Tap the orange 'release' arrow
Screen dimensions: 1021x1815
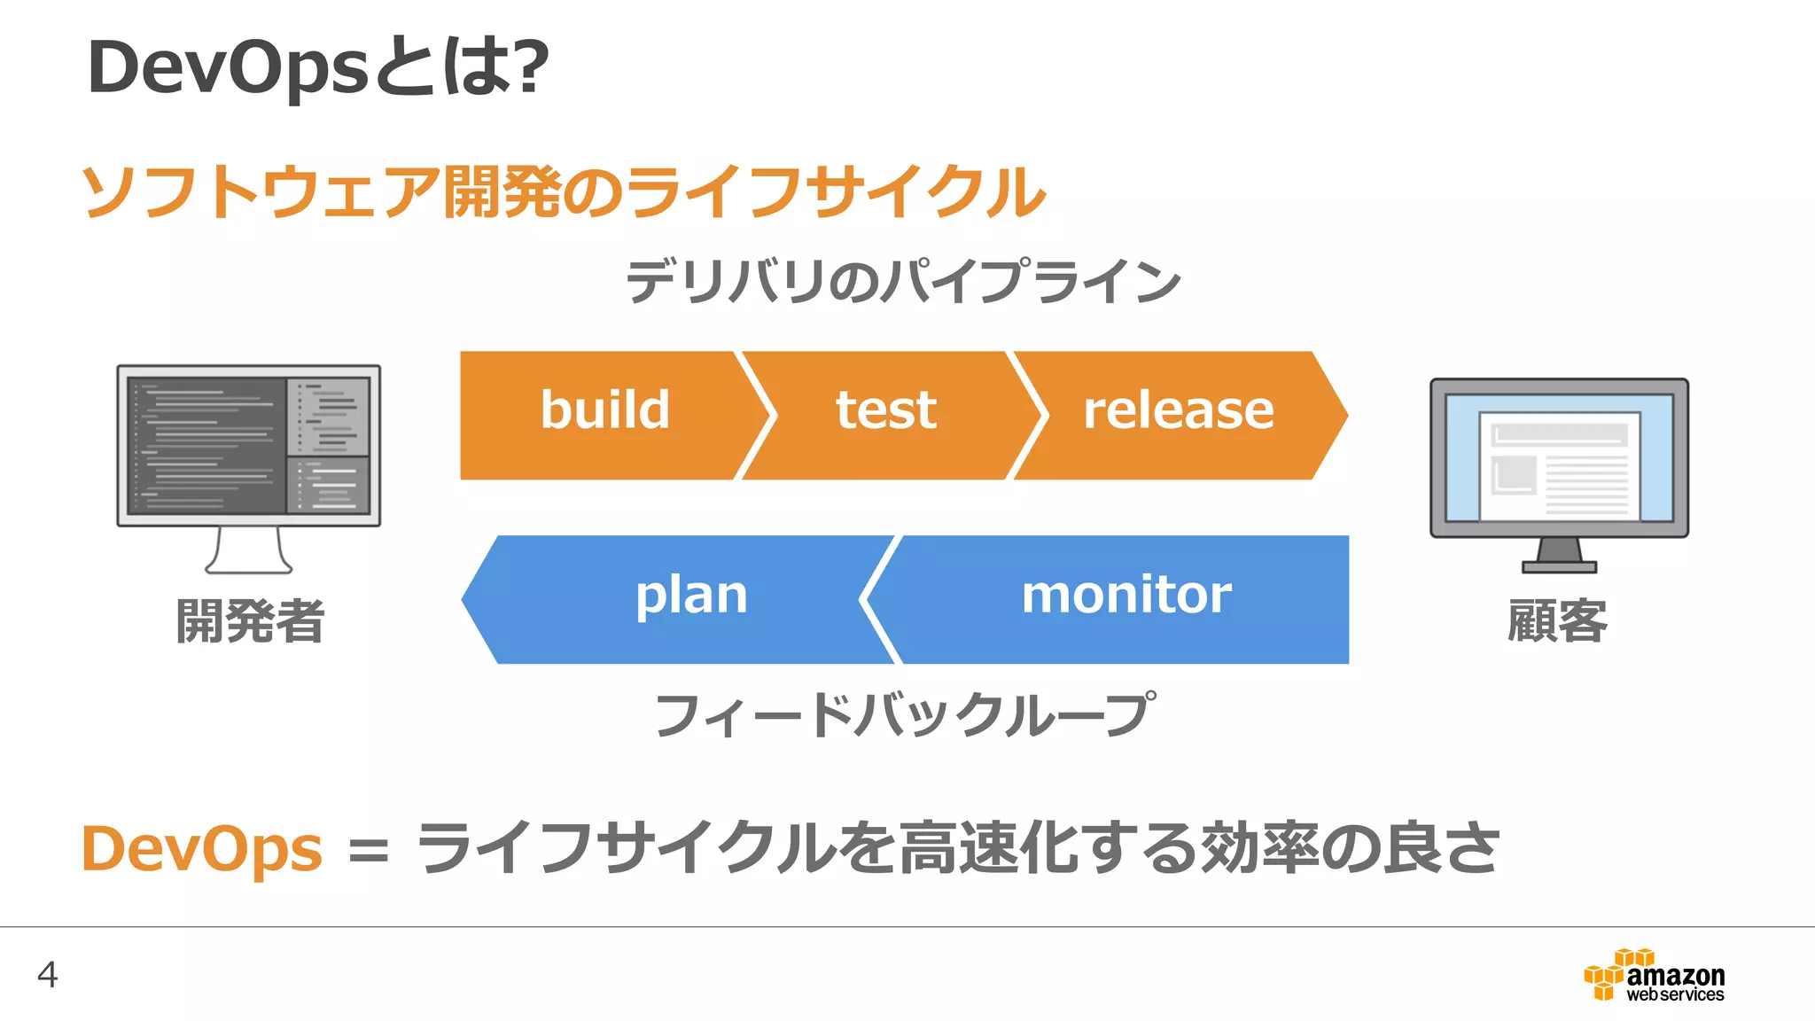click(x=1179, y=415)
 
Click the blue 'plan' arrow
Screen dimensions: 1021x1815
click(x=682, y=599)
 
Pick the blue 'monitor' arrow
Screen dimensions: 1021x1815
click(x=1126, y=599)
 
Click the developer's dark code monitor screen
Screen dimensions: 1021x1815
click(x=248, y=445)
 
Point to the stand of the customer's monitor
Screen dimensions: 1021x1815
click(x=1560, y=556)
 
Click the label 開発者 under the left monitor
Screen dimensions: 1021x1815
click(x=250, y=620)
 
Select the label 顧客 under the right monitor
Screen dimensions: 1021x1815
click(x=1557, y=620)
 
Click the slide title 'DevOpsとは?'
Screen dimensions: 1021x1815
click(x=317, y=67)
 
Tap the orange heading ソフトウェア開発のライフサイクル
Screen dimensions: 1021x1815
click(x=564, y=191)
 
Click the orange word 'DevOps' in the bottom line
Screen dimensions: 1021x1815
click(x=201, y=849)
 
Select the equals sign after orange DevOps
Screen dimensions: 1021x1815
click(x=369, y=853)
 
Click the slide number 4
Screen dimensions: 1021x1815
click(x=48, y=974)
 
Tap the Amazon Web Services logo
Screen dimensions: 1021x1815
click(x=1654, y=976)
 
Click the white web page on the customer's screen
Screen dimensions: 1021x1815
click(x=1560, y=466)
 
